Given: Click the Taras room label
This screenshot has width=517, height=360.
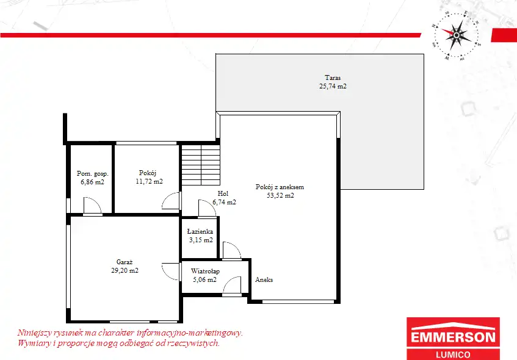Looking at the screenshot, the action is click(x=333, y=78).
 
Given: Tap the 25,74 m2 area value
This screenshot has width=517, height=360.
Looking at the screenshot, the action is click(x=333, y=87).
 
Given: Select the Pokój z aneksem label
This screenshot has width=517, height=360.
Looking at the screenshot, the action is click(x=280, y=187).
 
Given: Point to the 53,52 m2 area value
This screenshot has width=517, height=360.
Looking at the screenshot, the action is click(x=280, y=195).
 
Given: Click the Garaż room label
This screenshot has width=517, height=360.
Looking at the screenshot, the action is click(x=125, y=262).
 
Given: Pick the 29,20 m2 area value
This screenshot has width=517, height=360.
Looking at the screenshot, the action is click(x=125, y=271).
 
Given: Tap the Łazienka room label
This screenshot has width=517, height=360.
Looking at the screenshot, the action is click(x=200, y=231).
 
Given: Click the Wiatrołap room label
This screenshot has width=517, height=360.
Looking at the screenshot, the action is click(x=205, y=272).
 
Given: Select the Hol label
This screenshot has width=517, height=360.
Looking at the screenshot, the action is click(x=223, y=193).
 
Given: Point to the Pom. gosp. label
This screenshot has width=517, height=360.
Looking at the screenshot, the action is click(x=93, y=174).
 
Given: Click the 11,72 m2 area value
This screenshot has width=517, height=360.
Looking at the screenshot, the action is click(x=149, y=181).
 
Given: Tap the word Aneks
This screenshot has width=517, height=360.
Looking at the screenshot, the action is click(x=264, y=279).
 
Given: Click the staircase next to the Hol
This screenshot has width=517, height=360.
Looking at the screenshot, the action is click(x=201, y=165).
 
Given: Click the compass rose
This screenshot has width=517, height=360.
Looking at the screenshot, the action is click(x=457, y=35).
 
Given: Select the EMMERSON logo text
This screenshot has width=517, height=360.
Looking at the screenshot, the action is click(x=453, y=337).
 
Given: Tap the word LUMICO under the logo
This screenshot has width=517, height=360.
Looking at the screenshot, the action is click(x=453, y=355).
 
